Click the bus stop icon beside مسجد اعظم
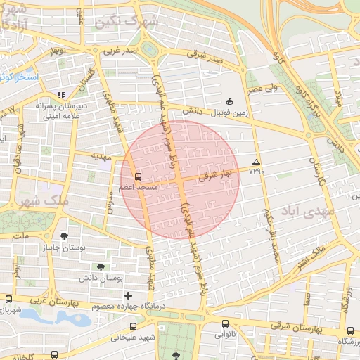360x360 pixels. [138, 177]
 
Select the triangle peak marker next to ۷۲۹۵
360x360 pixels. [256, 162]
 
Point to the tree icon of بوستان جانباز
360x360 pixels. [65, 237]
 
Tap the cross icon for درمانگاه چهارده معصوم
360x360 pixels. [127, 296]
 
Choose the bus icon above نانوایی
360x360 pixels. [225, 325]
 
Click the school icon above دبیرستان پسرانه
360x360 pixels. [61, 94]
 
